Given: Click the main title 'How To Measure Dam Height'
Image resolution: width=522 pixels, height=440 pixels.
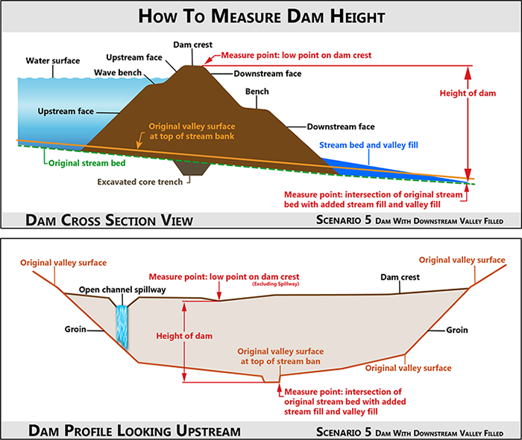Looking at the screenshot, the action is point(261,16).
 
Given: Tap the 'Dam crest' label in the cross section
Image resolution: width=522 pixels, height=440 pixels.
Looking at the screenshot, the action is point(192,45).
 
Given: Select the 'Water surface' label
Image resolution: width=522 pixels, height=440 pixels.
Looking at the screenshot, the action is point(53,61).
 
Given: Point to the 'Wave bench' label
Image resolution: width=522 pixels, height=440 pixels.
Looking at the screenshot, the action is point(118,73).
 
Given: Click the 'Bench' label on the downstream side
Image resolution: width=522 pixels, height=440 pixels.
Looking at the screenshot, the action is point(257,92).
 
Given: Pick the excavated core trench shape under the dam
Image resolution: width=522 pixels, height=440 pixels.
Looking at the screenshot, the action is point(192,167).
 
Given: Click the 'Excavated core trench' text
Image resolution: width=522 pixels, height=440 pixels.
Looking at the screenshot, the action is point(140,182).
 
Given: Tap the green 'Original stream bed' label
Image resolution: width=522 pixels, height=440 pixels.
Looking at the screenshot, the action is point(87,163).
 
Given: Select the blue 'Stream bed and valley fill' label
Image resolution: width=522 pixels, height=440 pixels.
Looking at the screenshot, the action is point(368,145).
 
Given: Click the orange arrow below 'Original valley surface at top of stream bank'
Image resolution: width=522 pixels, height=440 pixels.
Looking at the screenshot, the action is point(140,140).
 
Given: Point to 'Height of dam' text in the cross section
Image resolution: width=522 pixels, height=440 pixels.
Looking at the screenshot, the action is point(468,93).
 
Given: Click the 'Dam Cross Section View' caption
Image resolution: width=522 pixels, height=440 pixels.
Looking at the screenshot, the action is point(109,220).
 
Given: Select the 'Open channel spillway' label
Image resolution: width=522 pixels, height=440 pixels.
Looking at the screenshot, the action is point(122,290).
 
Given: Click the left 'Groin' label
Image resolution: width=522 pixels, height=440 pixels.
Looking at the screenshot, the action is point(75,329).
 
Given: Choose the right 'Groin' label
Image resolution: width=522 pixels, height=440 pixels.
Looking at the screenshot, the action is point(457,330).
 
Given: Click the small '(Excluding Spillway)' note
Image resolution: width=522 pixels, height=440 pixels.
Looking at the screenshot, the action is point(276,284).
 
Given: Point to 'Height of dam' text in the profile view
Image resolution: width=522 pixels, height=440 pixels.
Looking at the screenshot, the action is point(184,336).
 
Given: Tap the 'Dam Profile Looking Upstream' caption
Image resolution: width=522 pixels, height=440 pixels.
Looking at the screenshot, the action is point(134,431).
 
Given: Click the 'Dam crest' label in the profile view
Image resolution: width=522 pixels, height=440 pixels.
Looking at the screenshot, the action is point(400,277).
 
